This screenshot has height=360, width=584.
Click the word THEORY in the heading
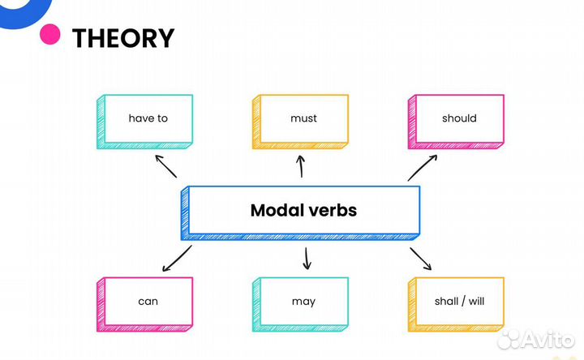pos(123,38)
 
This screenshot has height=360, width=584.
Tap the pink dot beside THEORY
pos(50,34)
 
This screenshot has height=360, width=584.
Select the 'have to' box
pos(147,119)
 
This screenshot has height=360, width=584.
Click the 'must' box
pos(303,119)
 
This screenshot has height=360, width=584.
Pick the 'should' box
pos(459,119)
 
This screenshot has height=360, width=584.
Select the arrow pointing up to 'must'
pos(302,166)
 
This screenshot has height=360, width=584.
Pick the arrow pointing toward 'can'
pos(177,259)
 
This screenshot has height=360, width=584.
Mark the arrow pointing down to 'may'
pos(307,259)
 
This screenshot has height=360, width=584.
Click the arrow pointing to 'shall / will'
pos(420,259)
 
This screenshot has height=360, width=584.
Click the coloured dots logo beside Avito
pos(511,339)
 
